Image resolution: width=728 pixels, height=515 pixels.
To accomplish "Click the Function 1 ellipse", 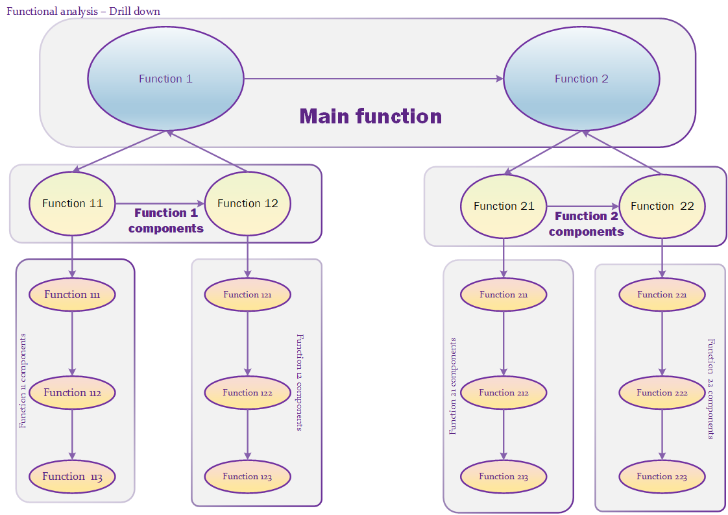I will (x=165, y=79).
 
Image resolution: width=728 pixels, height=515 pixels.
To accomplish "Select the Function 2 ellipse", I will (x=581, y=79).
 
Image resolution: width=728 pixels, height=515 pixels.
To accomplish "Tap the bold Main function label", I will (x=370, y=116).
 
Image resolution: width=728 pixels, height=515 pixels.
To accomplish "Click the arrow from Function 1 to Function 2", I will (x=373, y=79).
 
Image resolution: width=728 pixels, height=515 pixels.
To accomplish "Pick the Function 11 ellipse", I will (x=72, y=203).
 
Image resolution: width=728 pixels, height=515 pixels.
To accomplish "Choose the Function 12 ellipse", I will (x=247, y=203).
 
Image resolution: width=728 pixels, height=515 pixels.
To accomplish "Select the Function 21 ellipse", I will (x=504, y=206).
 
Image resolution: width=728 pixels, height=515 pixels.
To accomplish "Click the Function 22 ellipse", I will (x=662, y=206).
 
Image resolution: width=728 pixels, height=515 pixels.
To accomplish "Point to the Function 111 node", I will (x=72, y=295).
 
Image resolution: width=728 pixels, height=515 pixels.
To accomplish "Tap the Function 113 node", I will (x=72, y=477).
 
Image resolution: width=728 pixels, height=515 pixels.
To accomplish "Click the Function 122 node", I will (x=247, y=392).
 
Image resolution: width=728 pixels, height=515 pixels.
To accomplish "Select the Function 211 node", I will (x=504, y=295).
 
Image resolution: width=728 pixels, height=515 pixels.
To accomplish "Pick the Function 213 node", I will (x=504, y=477).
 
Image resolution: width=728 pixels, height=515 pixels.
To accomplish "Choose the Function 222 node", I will (x=662, y=392).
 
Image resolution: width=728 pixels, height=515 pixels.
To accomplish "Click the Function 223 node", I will (x=662, y=477).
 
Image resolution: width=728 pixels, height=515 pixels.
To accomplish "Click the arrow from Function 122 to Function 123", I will (x=247, y=434).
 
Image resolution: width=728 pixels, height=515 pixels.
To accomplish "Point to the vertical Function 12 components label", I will (x=300, y=383).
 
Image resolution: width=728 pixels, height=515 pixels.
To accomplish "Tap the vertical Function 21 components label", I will (x=453, y=386).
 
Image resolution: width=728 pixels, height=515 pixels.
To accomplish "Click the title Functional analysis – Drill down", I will (x=83, y=11).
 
